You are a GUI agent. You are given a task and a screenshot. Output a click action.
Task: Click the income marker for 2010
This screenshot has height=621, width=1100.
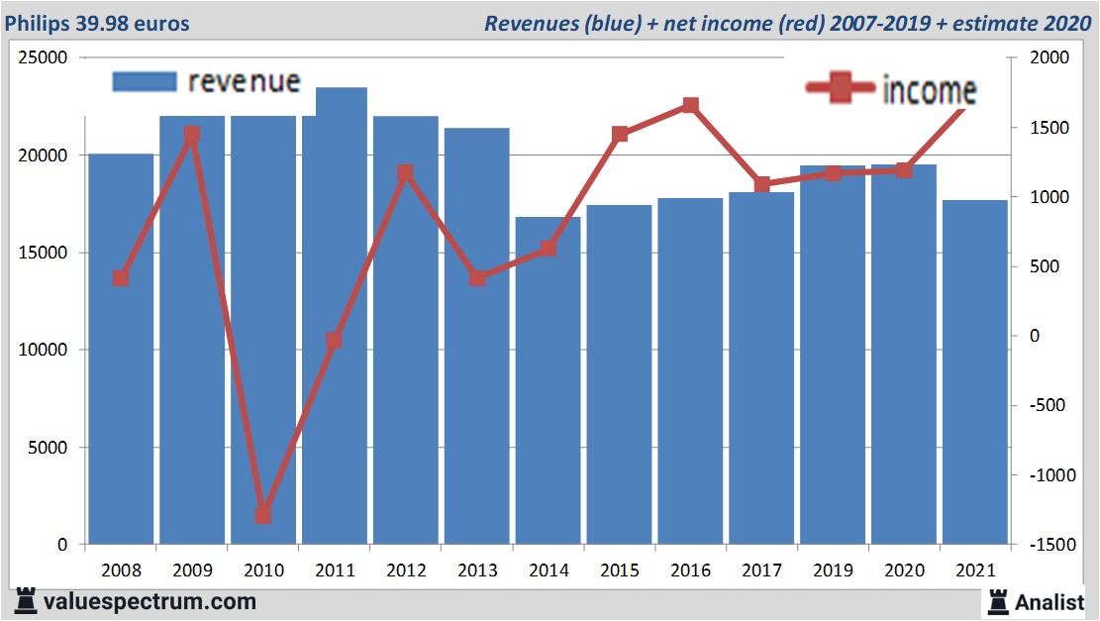click(x=262, y=515)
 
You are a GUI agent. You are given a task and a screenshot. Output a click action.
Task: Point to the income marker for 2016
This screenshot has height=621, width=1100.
click(x=690, y=105)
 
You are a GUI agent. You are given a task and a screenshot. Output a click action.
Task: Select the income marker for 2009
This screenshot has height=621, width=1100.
click(x=191, y=135)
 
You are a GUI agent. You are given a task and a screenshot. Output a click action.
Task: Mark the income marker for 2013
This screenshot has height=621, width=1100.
click(x=476, y=278)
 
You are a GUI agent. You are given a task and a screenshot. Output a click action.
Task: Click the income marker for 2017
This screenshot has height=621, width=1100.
click(x=761, y=184)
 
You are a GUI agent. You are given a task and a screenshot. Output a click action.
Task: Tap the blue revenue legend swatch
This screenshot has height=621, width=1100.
click(x=145, y=81)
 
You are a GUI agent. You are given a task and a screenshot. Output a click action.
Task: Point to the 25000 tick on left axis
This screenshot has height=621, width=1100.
click(x=45, y=58)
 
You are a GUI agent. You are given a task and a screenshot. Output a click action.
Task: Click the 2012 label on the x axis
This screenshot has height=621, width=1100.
click(x=406, y=570)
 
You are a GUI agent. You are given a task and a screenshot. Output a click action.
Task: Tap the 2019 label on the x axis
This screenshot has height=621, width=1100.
click(x=832, y=570)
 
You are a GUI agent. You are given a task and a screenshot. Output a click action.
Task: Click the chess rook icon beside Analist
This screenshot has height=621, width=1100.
click(x=998, y=601)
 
